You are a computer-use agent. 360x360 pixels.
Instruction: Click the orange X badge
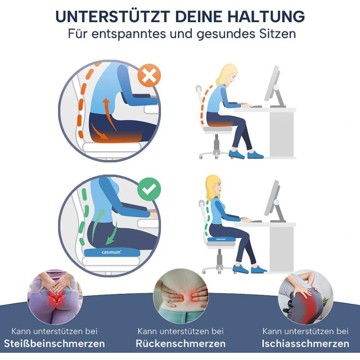(x=149, y=76)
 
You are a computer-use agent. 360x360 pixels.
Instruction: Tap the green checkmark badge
(x=149, y=189)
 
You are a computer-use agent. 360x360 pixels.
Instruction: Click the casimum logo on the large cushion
(x=112, y=252)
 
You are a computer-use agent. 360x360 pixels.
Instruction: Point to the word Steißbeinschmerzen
(x=55, y=344)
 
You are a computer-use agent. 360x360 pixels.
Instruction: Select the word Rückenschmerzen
(x=181, y=344)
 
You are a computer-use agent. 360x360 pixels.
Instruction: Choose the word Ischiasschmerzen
(x=305, y=344)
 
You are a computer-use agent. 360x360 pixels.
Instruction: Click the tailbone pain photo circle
(x=55, y=297)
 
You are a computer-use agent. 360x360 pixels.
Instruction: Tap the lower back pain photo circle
(x=181, y=296)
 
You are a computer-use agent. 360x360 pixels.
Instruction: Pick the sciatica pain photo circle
(x=306, y=297)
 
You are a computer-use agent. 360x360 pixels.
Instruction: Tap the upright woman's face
(x=218, y=187)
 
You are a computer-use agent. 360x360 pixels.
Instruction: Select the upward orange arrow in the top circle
(x=110, y=114)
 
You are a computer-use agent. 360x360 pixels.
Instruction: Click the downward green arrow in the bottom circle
(x=112, y=233)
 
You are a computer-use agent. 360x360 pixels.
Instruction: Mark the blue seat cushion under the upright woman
(x=221, y=239)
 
